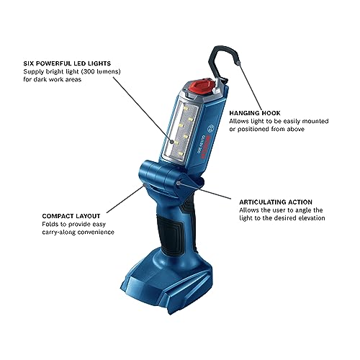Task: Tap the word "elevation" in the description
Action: (310, 219)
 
